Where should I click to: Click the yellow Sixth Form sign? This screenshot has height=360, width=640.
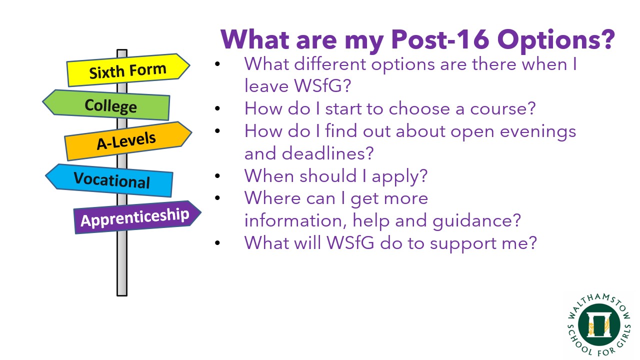pos(128,70)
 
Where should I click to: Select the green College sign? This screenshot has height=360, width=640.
pos(106,105)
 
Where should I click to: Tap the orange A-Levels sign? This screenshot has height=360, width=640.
pos(128,141)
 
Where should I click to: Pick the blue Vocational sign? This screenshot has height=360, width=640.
pos(109,180)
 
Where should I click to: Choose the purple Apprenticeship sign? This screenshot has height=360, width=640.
pos(137,217)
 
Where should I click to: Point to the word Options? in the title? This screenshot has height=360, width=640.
pos(556,40)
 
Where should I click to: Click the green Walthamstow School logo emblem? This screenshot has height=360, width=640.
pos(599,325)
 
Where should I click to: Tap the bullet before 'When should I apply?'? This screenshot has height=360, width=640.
pos(217,175)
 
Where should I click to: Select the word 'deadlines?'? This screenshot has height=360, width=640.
pos(327,153)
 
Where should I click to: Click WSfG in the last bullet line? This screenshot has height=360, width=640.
pos(350,243)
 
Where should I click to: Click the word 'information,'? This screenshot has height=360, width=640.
pos(295,220)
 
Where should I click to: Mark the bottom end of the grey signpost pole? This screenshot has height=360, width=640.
pos(122,295)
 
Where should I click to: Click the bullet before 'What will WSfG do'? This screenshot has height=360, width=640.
pos(217,243)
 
